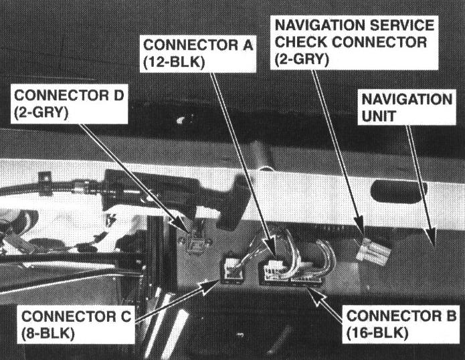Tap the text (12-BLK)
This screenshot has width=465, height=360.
point(173,62)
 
